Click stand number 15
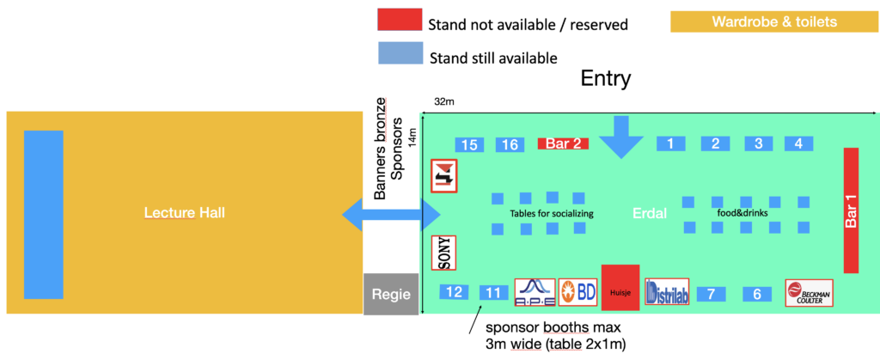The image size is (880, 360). click(x=469, y=144)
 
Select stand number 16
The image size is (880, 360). click(x=510, y=144)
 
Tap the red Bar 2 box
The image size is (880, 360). click(x=563, y=143)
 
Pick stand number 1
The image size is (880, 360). click(x=670, y=143)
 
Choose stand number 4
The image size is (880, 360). click(x=798, y=143)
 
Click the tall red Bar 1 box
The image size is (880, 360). click(x=851, y=211)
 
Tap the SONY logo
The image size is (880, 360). click(x=443, y=253)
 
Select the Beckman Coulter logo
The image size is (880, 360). click(x=809, y=293)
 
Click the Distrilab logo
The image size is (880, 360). click(x=667, y=293)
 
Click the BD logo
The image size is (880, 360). click(x=577, y=292)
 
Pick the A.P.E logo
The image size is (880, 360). click(x=534, y=292)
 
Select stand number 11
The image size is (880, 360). click(x=493, y=293)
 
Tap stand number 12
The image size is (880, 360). click(x=454, y=292)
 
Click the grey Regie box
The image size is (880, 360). click(x=391, y=293)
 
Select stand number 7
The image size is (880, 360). click(x=712, y=294)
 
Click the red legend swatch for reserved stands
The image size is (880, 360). click(x=399, y=21)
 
